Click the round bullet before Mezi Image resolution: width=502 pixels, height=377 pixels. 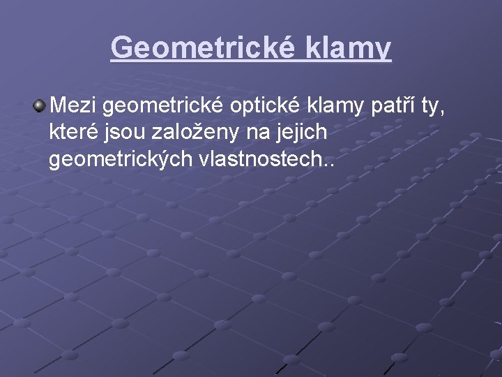39,106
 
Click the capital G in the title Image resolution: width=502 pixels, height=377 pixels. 122,48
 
